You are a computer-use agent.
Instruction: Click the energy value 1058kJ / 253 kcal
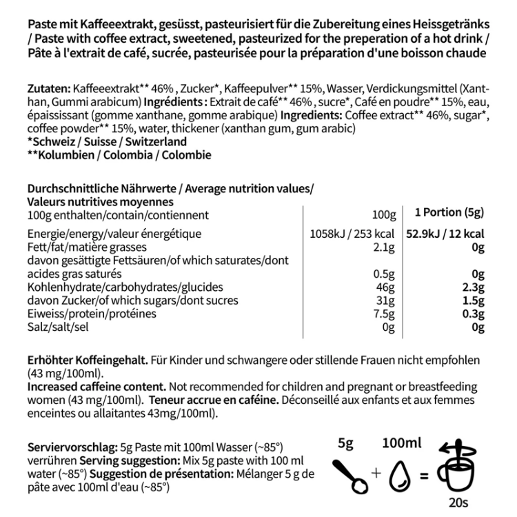(354, 234)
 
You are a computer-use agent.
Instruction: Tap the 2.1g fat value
(382, 247)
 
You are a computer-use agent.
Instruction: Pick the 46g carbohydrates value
(385, 287)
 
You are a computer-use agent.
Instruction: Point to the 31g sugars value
(385, 301)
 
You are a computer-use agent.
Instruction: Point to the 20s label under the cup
(453, 505)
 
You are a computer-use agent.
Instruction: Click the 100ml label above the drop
(402, 444)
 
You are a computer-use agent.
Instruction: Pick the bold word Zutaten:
(49, 90)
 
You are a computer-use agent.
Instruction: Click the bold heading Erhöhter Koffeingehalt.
(86, 361)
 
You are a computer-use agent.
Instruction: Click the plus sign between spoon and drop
(376, 473)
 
